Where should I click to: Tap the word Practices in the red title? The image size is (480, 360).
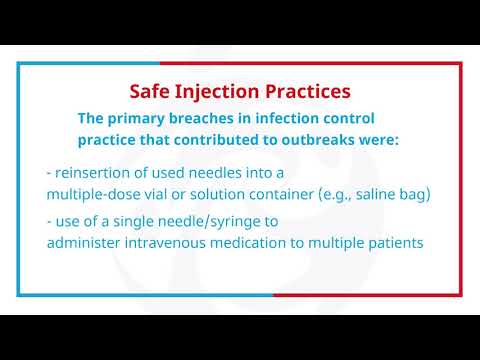pos(307,92)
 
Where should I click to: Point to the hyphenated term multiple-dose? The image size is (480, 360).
pos(96,193)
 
